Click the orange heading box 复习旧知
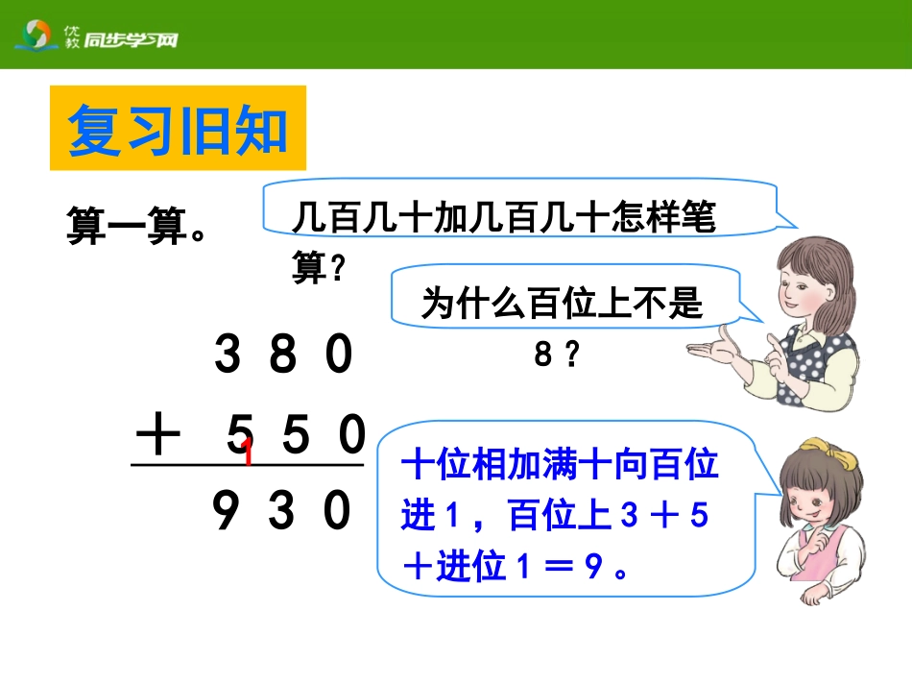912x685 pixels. [x=178, y=129]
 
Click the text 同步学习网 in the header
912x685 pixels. [x=130, y=40]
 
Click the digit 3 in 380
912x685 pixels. [x=228, y=357]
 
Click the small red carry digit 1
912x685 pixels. [x=248, y=453]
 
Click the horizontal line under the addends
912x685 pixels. [x=248, y=467]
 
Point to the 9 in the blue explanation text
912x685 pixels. [x=593, y=569]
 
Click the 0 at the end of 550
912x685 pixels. [x=351, y=438]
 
